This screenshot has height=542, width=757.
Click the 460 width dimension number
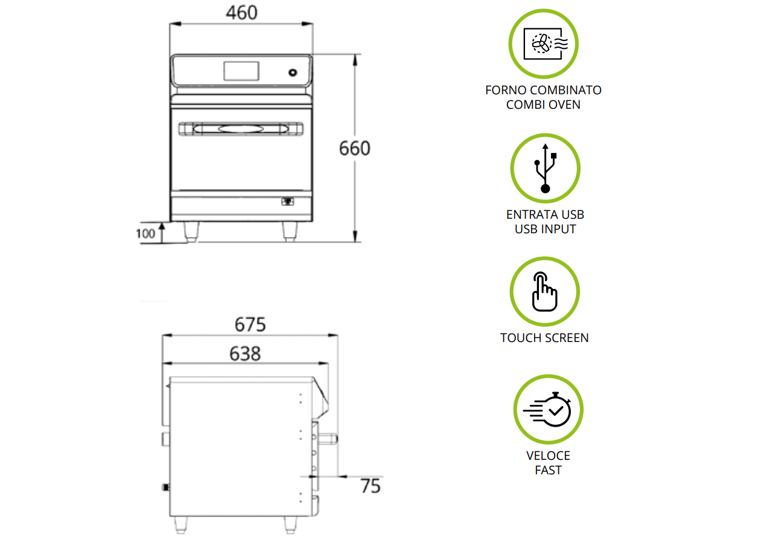242,13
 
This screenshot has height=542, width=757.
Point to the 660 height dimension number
355,149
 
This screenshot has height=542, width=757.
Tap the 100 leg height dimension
146,233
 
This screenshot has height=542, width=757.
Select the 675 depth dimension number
250,324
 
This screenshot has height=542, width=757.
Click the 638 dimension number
245,354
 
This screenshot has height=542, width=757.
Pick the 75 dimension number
370,486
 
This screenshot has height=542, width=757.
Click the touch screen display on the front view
241,71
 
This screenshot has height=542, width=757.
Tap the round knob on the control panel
292,73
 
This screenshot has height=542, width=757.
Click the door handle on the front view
240,129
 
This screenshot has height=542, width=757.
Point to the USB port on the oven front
288,202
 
